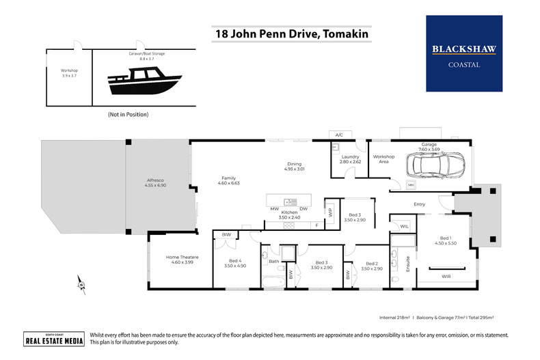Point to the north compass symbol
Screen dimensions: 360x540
(81, 283)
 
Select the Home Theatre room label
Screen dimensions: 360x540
(181, 258)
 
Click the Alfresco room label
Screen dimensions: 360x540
(155, 180)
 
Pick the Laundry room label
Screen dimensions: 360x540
(349, 156)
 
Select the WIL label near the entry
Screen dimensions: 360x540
(404, 225)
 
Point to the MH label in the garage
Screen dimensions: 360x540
(411, 185)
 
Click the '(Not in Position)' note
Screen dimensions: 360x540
(128, 114)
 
